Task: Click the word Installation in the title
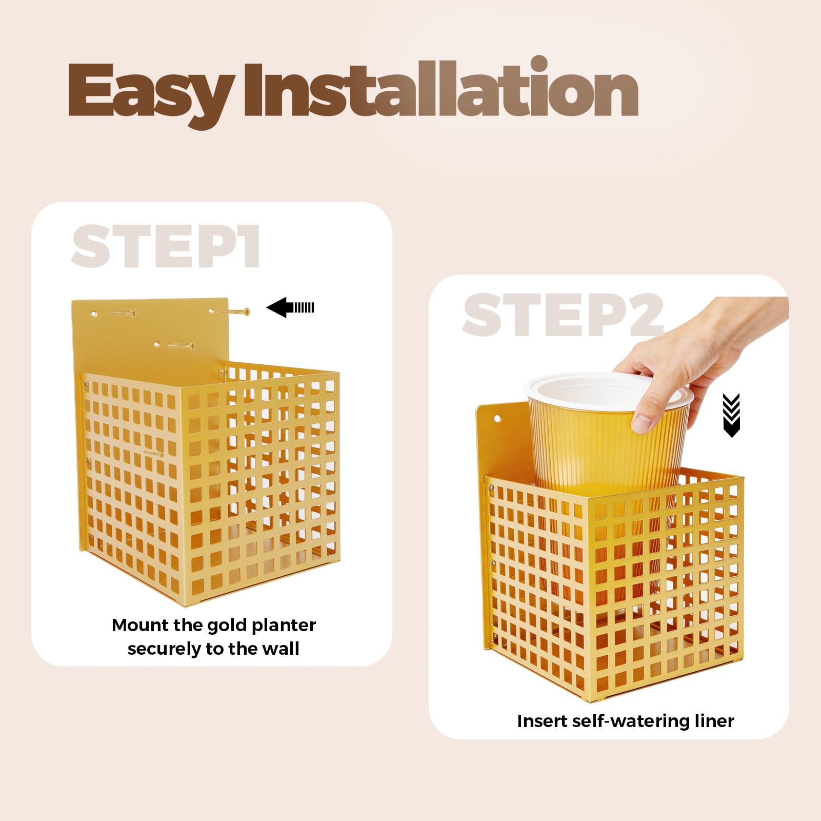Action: tap(441, 87)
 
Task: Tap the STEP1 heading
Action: tap(166, 246)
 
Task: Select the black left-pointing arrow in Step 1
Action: tap(290, 308)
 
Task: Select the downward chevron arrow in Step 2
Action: tap(731, 415)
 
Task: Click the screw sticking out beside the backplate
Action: tap(236, 311)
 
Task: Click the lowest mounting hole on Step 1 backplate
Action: tap(157, 345)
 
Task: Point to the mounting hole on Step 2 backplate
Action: tap(497, 419)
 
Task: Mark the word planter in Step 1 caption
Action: tap(284, 626)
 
